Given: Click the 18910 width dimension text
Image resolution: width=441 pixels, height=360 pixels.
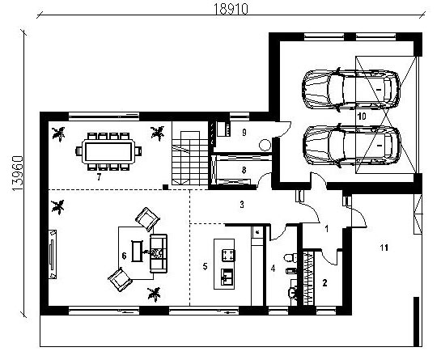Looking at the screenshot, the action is click(231, 9).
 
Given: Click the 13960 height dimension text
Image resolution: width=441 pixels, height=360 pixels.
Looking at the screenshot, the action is click(18, 173).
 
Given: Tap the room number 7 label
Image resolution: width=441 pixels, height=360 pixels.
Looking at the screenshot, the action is click(99, 177).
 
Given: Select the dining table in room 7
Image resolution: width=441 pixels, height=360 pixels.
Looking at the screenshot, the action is click(108, 152).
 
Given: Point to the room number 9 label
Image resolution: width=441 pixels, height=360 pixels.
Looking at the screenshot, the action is click(244, 132).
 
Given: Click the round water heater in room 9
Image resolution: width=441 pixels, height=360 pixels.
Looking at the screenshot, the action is click(265, 146).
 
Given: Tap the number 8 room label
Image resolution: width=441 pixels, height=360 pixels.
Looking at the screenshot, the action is click(244, 170).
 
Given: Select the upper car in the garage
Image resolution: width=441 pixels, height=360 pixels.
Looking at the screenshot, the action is click(350, 89).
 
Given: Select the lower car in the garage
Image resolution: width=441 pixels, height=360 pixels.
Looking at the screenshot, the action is click(351, 145).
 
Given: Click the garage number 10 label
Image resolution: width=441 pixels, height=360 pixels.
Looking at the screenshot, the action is click(362, 116).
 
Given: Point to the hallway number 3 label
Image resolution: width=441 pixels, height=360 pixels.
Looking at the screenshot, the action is click(242, 205).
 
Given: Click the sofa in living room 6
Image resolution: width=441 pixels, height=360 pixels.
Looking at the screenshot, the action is click(159, 253).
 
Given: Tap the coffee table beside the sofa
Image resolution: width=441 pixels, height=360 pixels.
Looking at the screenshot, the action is click(138, 251).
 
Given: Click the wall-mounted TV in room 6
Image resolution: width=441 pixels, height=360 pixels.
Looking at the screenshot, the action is click(52, 254).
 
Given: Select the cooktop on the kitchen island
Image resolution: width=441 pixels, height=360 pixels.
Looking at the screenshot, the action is click(228, 255).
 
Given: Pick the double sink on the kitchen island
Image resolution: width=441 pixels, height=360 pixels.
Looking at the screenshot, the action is click(227, 277).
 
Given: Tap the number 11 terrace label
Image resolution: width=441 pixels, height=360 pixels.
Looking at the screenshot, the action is click(384, 248).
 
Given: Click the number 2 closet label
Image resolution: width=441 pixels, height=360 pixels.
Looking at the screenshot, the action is click(324, 282).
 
